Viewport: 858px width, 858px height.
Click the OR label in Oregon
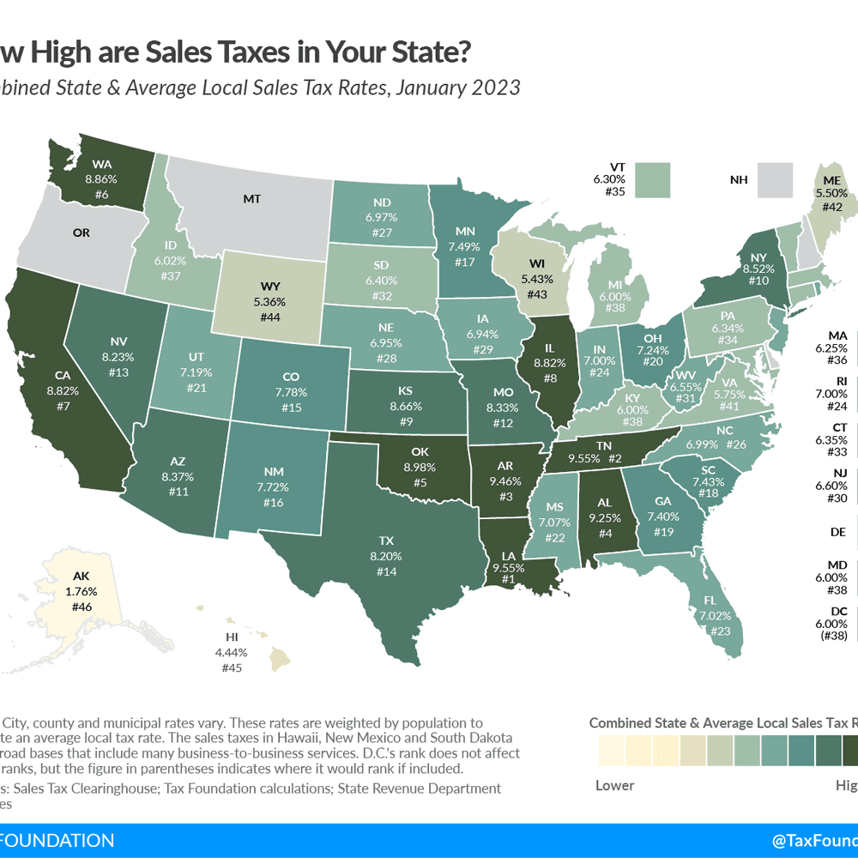click(x=57, y=233)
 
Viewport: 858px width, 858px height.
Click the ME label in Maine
click(x=832, y=180)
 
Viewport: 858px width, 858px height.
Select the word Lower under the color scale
click(x=615, y=785)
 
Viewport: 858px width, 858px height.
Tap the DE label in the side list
click(x=838, y=532)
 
